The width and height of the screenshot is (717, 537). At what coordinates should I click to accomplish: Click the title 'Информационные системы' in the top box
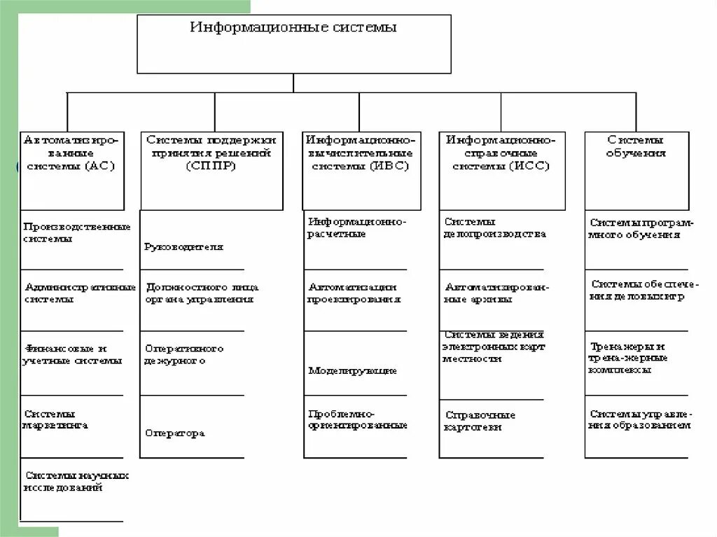293,28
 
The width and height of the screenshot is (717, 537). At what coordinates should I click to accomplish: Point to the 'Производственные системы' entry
76,232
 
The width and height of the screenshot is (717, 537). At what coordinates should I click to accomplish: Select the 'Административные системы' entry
79,293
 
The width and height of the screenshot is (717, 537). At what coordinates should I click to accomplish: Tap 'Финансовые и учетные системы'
73,354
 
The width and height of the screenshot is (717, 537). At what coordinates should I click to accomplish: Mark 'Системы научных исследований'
76,481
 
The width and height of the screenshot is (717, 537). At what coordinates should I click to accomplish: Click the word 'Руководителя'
184,246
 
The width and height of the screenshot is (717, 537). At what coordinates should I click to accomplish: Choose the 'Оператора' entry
175,433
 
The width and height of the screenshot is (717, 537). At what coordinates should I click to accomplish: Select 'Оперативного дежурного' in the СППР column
184,354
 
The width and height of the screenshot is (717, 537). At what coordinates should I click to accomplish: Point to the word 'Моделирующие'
353,370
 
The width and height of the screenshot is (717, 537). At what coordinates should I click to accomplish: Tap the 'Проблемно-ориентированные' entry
357,419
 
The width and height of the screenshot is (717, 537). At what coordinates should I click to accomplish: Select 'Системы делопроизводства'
494,228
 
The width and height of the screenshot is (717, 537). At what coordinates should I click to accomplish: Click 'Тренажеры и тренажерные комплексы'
628,358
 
